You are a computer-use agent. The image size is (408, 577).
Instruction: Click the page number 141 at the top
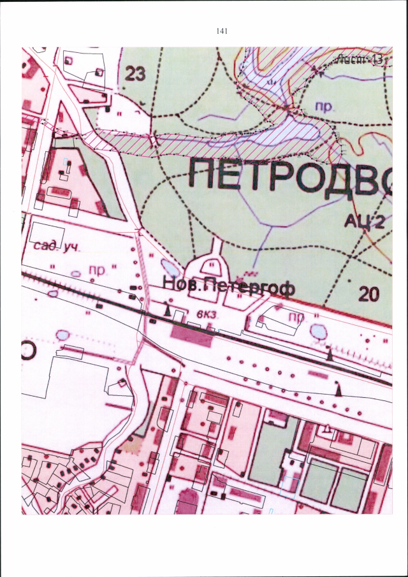tap(222, 31)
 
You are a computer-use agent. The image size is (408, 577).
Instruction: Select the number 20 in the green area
tap(368, 295)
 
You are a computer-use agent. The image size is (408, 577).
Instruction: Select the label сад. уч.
tap(54, 247)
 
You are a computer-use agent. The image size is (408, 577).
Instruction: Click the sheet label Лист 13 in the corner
tap(360, 59)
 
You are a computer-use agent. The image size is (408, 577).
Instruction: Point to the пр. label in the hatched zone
tap(326, 107)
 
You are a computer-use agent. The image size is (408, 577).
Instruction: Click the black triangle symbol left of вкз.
tap(168, 310)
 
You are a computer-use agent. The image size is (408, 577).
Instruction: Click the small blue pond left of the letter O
tap(62, 335)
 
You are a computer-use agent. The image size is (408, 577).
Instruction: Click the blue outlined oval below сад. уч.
tap(76, 274)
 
